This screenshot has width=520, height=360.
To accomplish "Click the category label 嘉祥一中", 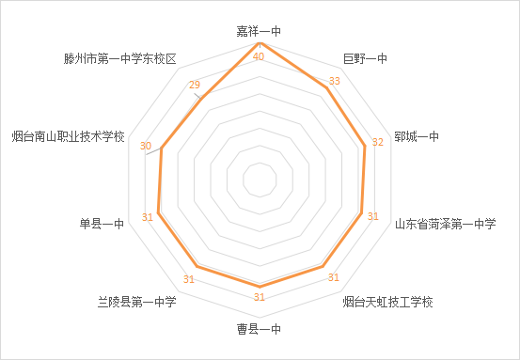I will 260,32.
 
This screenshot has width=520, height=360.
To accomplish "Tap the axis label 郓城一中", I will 417,137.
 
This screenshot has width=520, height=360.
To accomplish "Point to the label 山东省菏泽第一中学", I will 444,224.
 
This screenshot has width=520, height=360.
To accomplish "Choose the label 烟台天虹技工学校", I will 386,302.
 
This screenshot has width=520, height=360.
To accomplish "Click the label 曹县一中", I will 260,329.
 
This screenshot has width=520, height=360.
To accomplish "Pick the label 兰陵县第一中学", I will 137,302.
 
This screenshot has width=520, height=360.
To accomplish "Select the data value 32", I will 378,144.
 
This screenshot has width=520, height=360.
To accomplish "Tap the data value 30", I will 145,146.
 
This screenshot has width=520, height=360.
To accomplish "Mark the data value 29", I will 195,86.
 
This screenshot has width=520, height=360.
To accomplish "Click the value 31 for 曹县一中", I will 260,298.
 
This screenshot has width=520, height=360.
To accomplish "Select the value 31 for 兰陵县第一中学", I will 189,278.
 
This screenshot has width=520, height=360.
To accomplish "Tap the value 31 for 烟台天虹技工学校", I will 332,277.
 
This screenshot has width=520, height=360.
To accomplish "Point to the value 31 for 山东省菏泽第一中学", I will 372,217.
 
